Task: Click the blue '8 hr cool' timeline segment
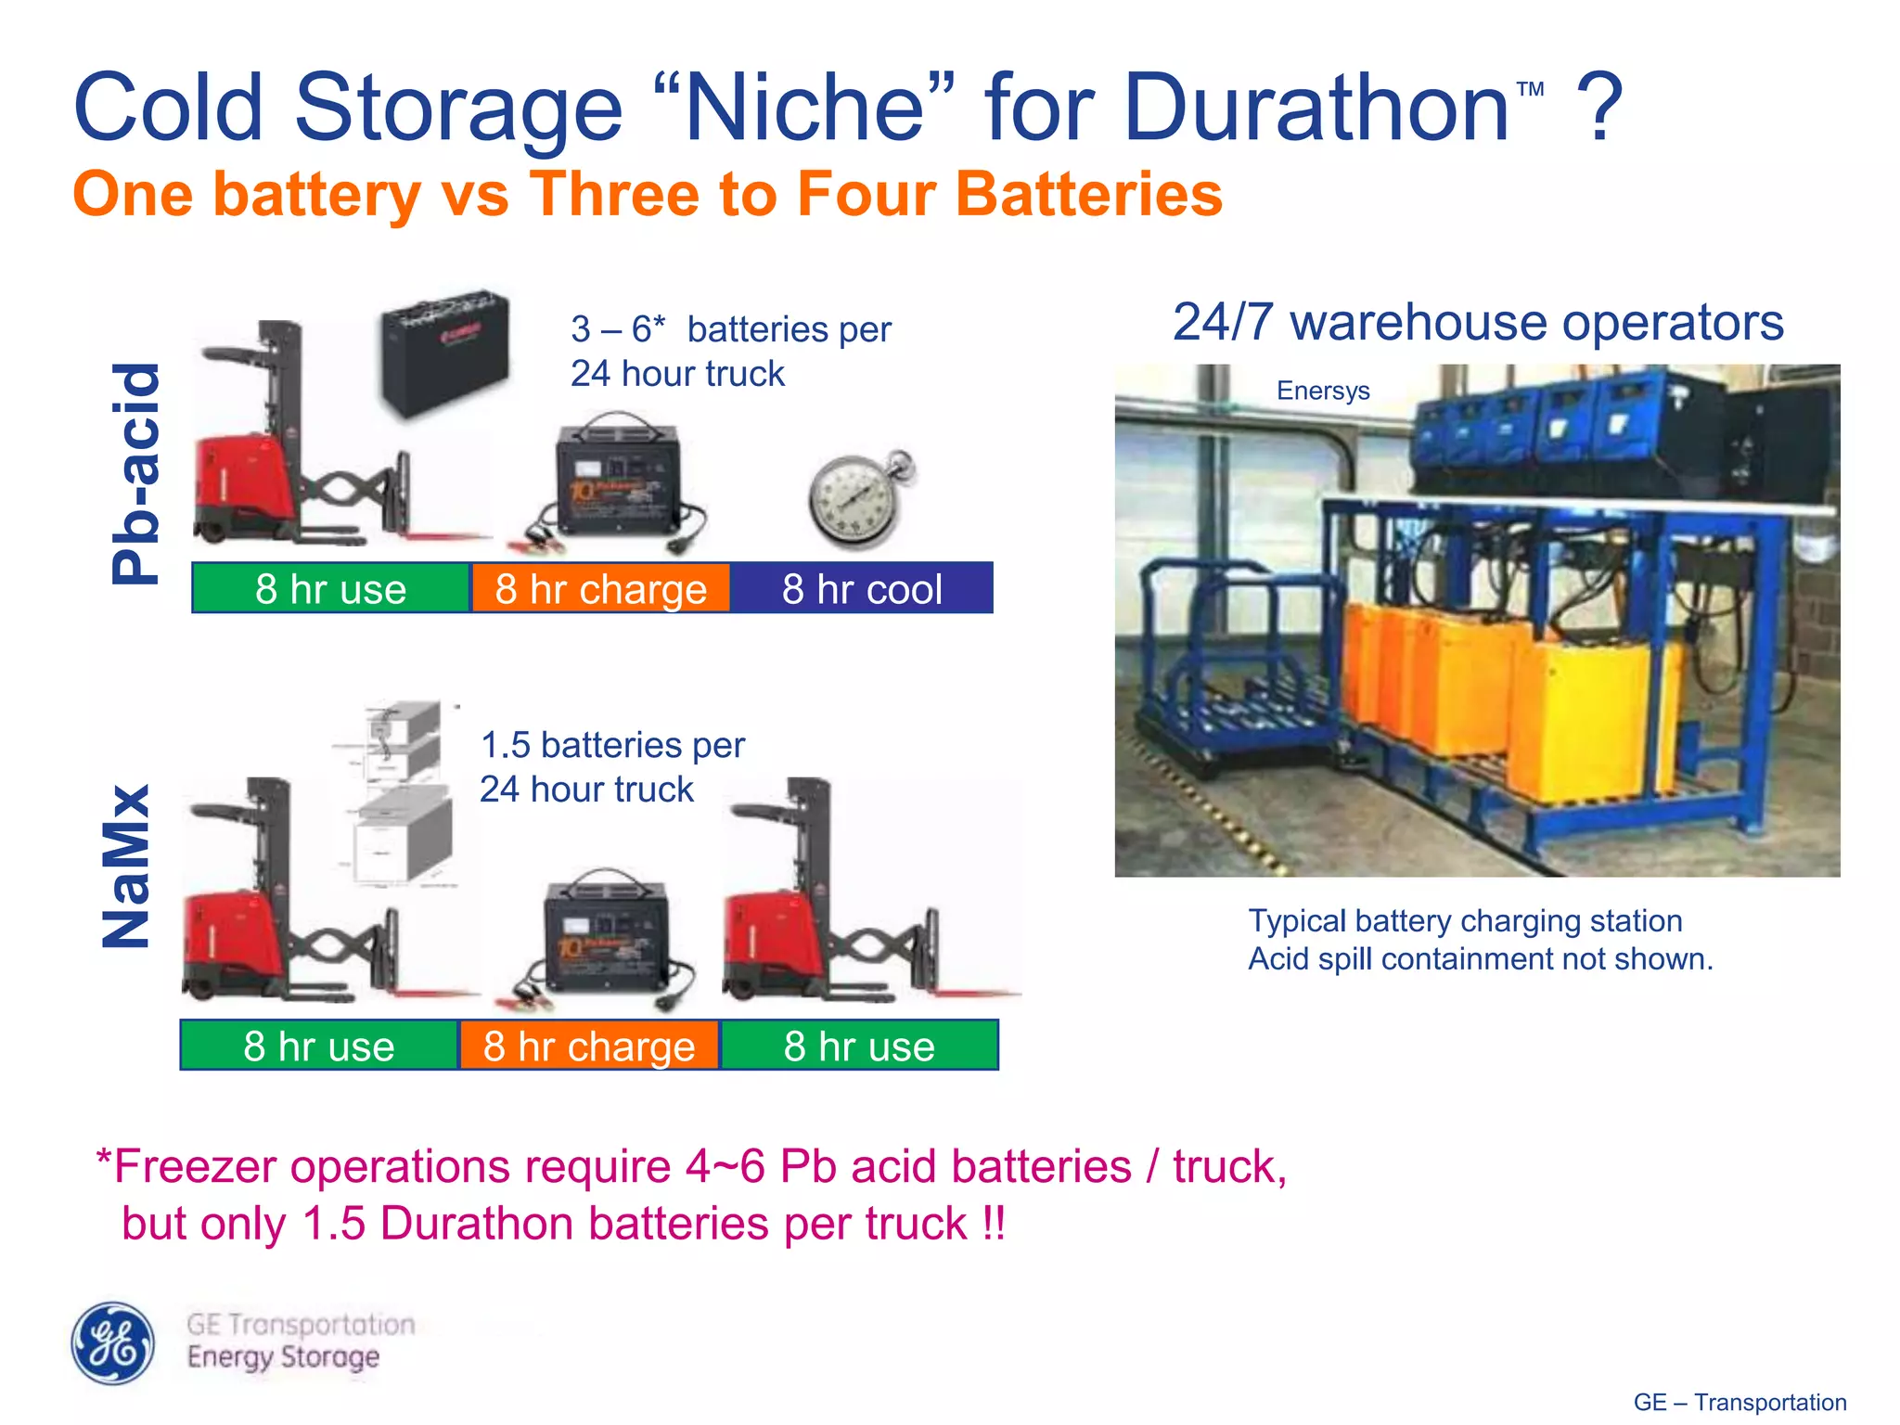click(861, 588)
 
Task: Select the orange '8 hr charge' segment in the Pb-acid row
click(600, 588)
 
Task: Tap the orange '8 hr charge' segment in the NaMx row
click(589, 1046)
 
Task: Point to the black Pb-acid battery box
click(446, 352)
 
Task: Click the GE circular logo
click(113, 1342)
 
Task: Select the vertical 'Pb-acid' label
click(135, 473)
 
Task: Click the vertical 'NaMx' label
click(126, 867)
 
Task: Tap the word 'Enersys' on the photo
click(1323, 391)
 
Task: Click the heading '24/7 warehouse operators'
click(1478, 323)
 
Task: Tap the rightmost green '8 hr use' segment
click(859, 1046)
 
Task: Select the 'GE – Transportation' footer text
click(1740, 1402)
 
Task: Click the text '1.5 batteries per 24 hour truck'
click(612, 766)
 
